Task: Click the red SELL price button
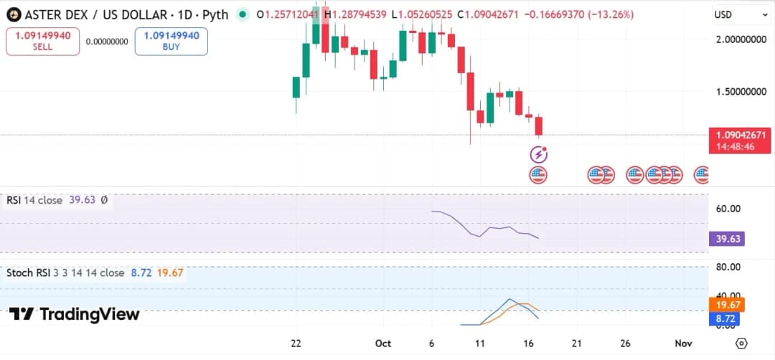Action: point(42,42)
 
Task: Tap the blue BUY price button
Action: point(171,42)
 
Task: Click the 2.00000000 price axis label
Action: point(741,40)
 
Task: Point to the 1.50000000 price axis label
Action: point(741,92)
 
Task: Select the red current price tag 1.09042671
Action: point(741,135)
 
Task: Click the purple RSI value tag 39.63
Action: point(728,239)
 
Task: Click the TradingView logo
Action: point(75,314)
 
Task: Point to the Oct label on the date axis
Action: point(382,344)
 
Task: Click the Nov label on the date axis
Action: point(683,344)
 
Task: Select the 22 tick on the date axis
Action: point(296,344)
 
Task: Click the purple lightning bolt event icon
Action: point(538,153)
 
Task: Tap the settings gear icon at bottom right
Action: point(742,344)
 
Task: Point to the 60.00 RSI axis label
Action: point(729,209)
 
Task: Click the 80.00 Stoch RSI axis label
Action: point(729,267)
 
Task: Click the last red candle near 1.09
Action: point(539,125)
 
